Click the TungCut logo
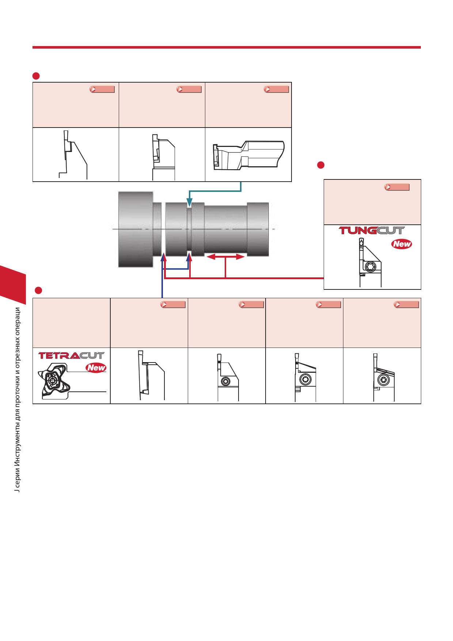coord(372,231)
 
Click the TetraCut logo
coord(71,356)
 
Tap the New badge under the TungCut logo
coord(402,244)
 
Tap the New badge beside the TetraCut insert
coord(96,368)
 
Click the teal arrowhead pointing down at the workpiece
coord(189,202)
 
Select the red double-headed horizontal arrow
coord(225,257)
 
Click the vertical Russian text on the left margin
coord(17,399)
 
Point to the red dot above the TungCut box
coord(321,165)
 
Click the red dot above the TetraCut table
coord(38,291)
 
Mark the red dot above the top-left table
coord(36,76)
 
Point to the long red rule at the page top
coord(226,47)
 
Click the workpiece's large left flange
coord(136,229)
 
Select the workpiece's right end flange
coord(258,229)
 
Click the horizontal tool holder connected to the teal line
coord(248,155)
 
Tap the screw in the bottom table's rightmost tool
coord(383,380)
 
